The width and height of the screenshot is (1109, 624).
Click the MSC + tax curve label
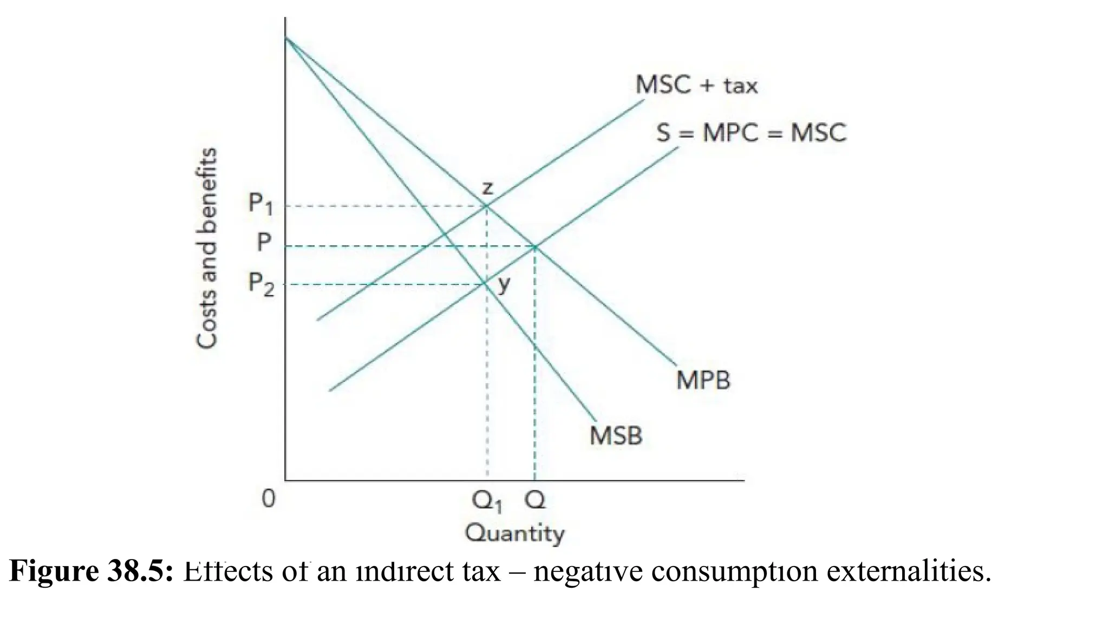[x=696, y=86]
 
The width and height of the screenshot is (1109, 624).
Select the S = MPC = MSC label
[x=751, y=133]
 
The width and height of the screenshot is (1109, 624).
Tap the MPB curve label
[x=703, y=380]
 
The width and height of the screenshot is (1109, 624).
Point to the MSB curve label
[x=616, y=435]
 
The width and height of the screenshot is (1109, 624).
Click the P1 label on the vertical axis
[x=260, y=204]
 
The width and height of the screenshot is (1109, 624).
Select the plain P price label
[x=264, y=242]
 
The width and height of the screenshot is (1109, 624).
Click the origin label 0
[x=269, y=499]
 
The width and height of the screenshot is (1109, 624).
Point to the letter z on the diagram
[x=487, y=188]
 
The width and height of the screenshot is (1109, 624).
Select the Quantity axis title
[x=514, y=534]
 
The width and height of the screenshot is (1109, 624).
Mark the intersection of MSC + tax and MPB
[x=486, y=206]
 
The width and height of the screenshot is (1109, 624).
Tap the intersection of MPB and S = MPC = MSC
[x=535, y=247]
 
